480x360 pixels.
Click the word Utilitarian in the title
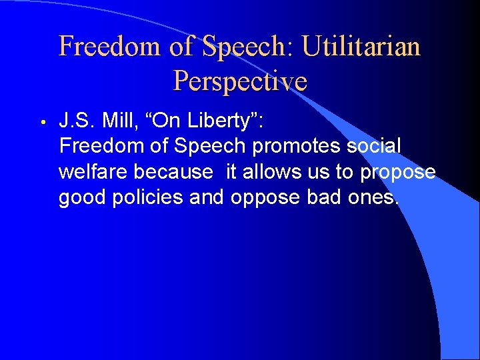coord(361,47)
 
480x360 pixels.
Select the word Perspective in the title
coord(240,81)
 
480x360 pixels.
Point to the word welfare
coord(93,172)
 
